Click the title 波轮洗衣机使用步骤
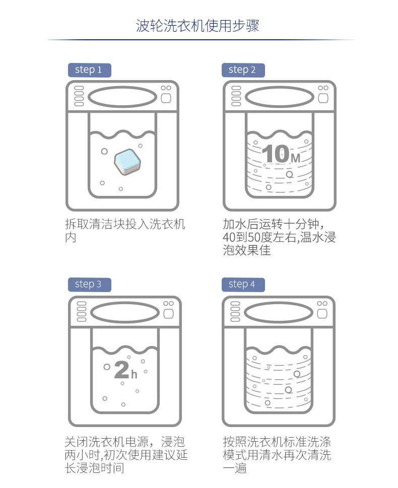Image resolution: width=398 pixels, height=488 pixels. coord(197,26)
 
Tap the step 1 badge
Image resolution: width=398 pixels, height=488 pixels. coord(89,70)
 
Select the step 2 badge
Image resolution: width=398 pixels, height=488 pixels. coord(243,70)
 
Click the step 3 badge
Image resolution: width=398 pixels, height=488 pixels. coord(89,285)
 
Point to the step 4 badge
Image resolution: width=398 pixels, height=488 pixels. coord(243,285)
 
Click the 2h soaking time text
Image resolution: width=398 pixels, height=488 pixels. coord(125,370)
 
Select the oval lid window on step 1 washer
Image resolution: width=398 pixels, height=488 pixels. coord(122,97)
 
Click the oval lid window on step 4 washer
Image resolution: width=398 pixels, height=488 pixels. coord(279,312)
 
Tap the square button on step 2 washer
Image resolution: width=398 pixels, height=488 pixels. coord(323,98)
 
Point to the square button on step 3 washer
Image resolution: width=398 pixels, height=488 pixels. coord(168,313)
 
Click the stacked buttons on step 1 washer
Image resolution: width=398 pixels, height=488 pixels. coord(79,96)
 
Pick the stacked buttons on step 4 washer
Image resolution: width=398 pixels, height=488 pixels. coord(235,311)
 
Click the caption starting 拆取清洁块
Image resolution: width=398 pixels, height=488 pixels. coord(125,231)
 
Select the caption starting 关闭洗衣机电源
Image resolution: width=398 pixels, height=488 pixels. coord(126,455)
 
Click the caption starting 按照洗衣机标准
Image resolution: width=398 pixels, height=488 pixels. coord(277,455)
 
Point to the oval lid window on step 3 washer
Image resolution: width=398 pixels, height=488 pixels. coord(124,312)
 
